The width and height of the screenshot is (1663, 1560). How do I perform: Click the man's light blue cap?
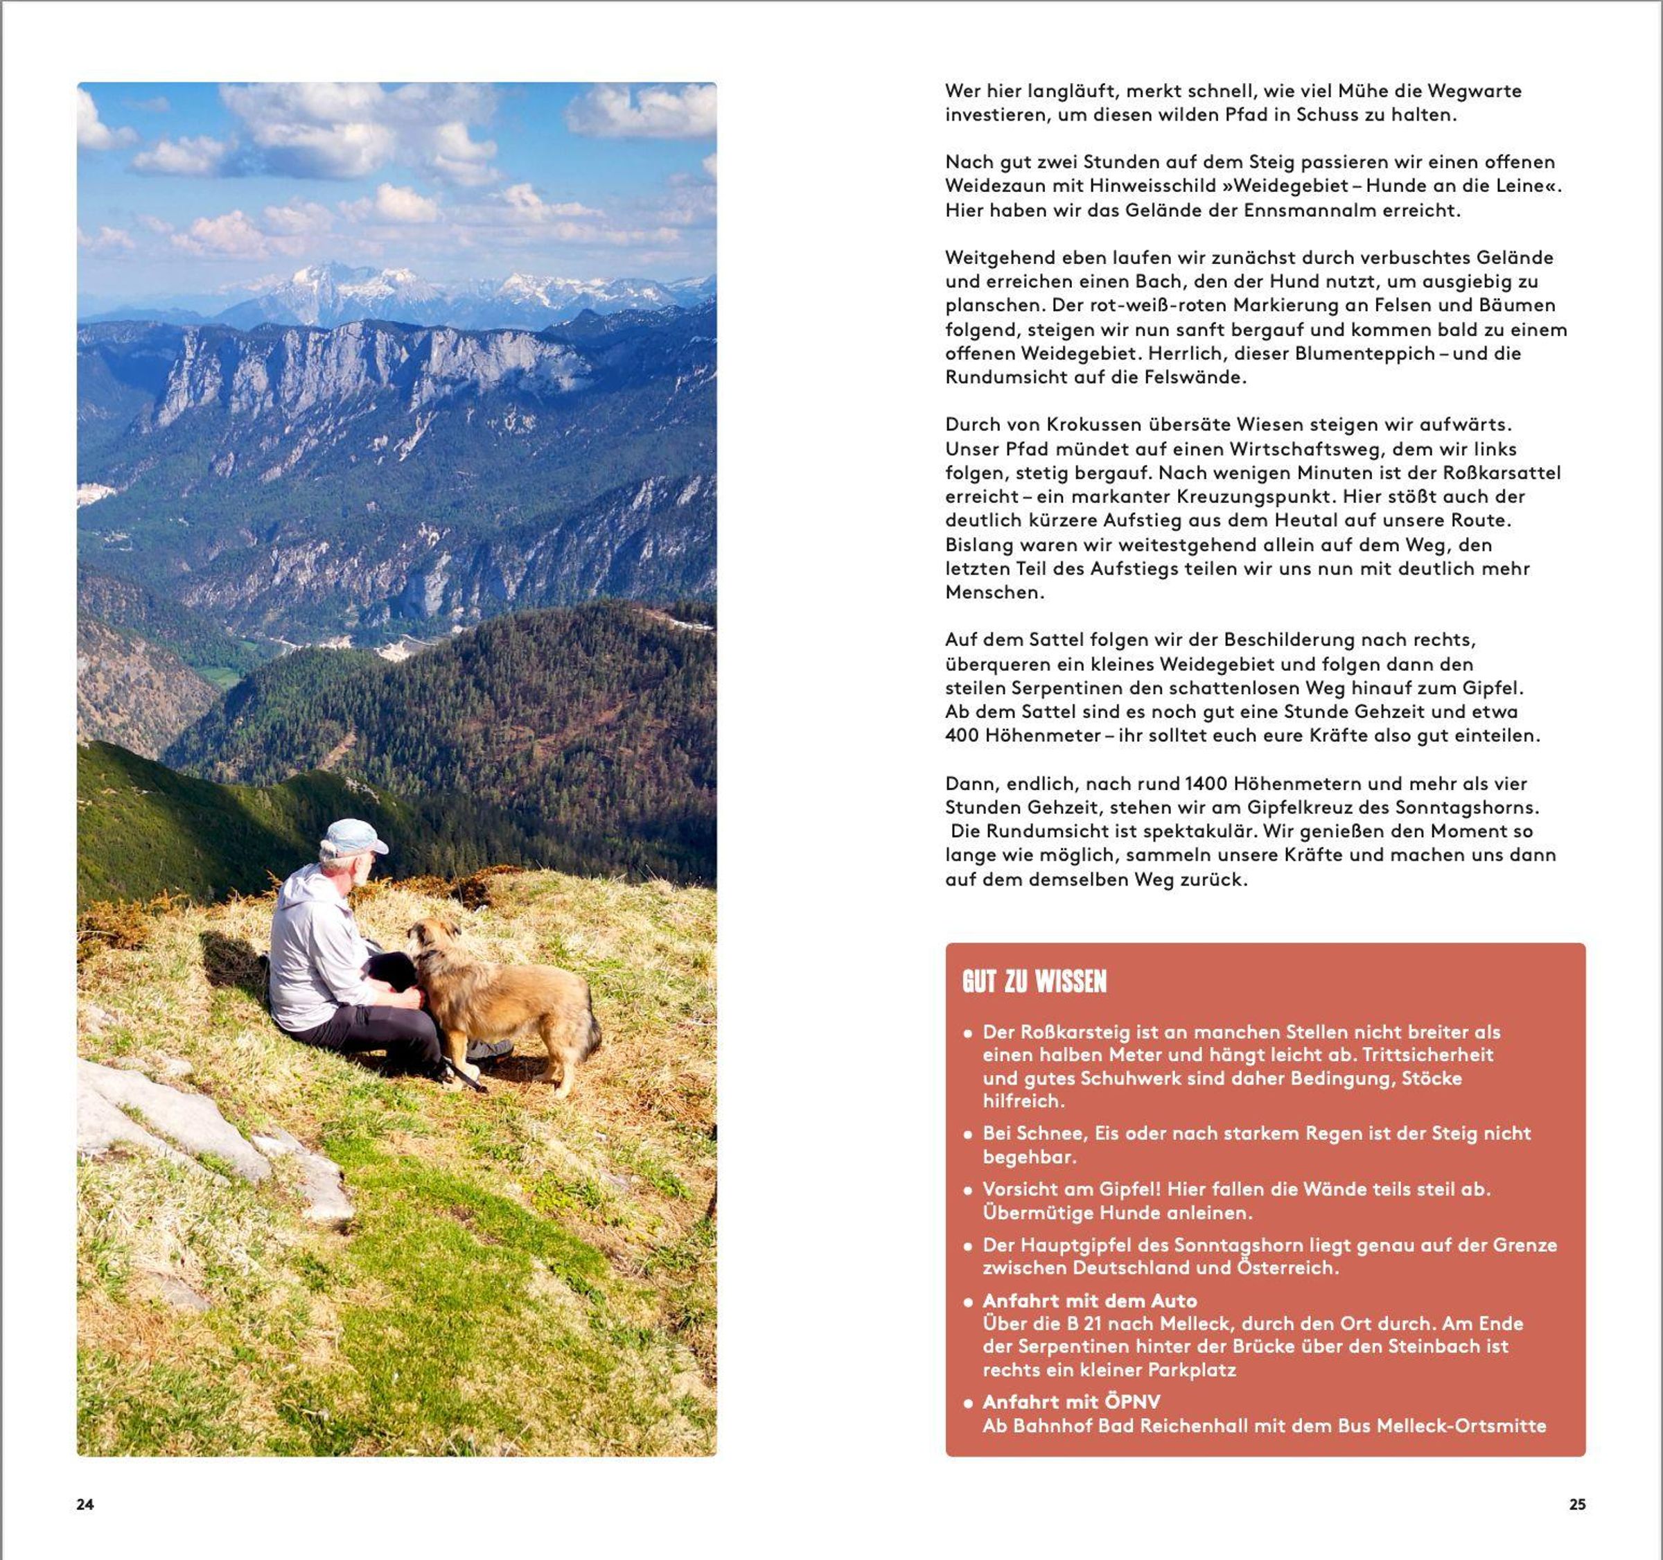coord(355,836)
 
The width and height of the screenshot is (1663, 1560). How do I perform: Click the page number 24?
coord(85,1504)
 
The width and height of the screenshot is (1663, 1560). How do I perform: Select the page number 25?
coord(1577,1504)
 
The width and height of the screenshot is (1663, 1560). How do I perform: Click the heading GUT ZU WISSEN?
coord(1034,982)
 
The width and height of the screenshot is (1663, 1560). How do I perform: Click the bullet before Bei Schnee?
coord(968,1135)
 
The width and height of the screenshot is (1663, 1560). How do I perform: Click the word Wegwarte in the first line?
coord(1474,90)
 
